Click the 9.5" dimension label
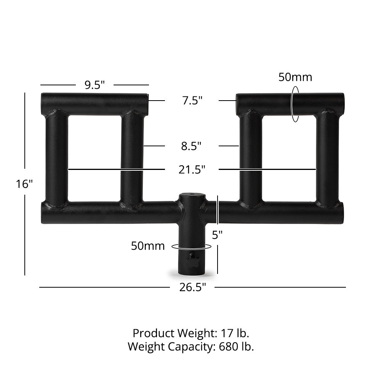[94, 85]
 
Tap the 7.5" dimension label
[192, 101]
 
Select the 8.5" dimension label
[191, 146]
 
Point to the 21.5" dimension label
[192, 169]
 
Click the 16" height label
[24, 184]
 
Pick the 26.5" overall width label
[193, 287]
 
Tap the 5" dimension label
[217, 235]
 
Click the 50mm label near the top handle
[295, 77]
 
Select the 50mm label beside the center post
[148, 246]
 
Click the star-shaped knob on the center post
[192, 262]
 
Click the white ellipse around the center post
[192, 247]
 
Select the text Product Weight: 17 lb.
[191, 333]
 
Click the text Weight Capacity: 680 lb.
[191, 347]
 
